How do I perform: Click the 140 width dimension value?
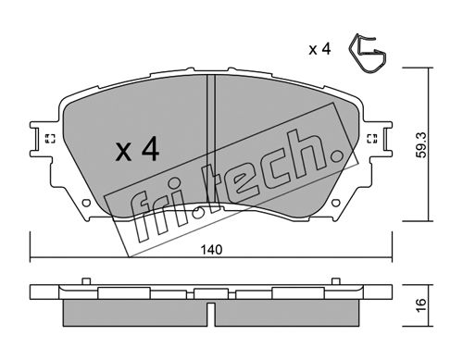(211, 250)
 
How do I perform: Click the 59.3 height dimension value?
(420, 144)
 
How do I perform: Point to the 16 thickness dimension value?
(421, 305)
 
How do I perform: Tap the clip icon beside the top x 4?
(368, 54)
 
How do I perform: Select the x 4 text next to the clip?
(319, 49)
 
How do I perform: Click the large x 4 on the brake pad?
(137, 149)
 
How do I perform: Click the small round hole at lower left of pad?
(86, 203)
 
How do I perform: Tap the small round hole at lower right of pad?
(336, 203)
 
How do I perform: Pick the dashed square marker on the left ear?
(50, 139)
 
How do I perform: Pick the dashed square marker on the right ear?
(372, 139)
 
